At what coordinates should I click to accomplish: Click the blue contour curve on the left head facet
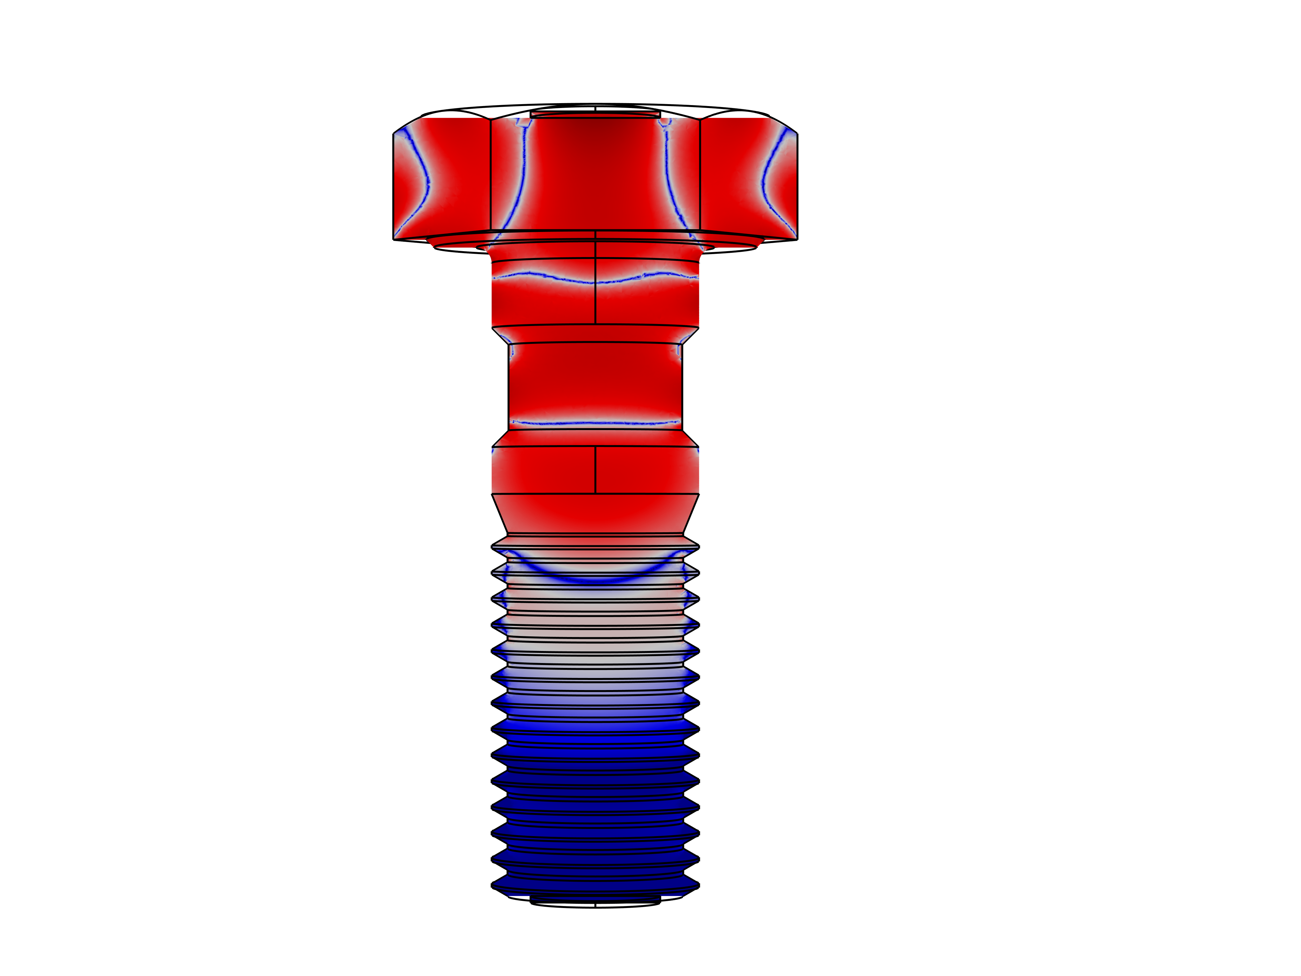426,176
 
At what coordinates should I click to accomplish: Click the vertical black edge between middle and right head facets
700,176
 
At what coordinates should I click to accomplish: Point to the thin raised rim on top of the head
595,114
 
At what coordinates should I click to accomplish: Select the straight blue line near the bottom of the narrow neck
595,422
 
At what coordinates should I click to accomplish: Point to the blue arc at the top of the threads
595,579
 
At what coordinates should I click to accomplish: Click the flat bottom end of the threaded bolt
595,898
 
